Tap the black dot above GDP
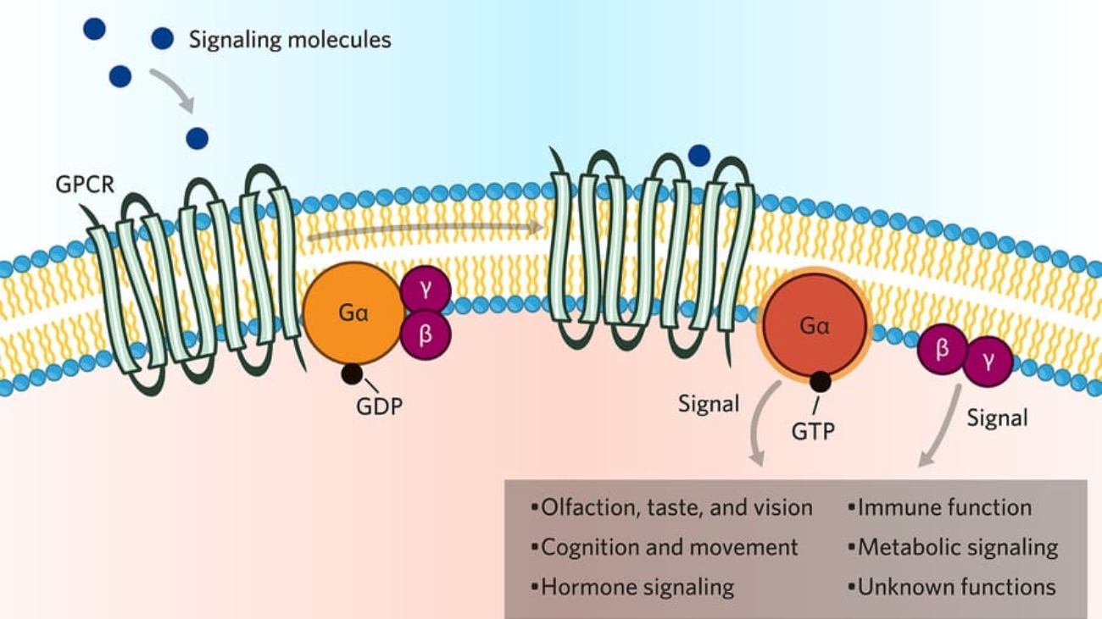(x=352, y=373)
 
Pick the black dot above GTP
(x=820, y=382)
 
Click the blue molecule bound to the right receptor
(x=698, y=155)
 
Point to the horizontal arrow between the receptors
(x=424, y=230)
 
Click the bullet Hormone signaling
(x=636, y=587)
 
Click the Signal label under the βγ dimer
(x=997, y=417)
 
